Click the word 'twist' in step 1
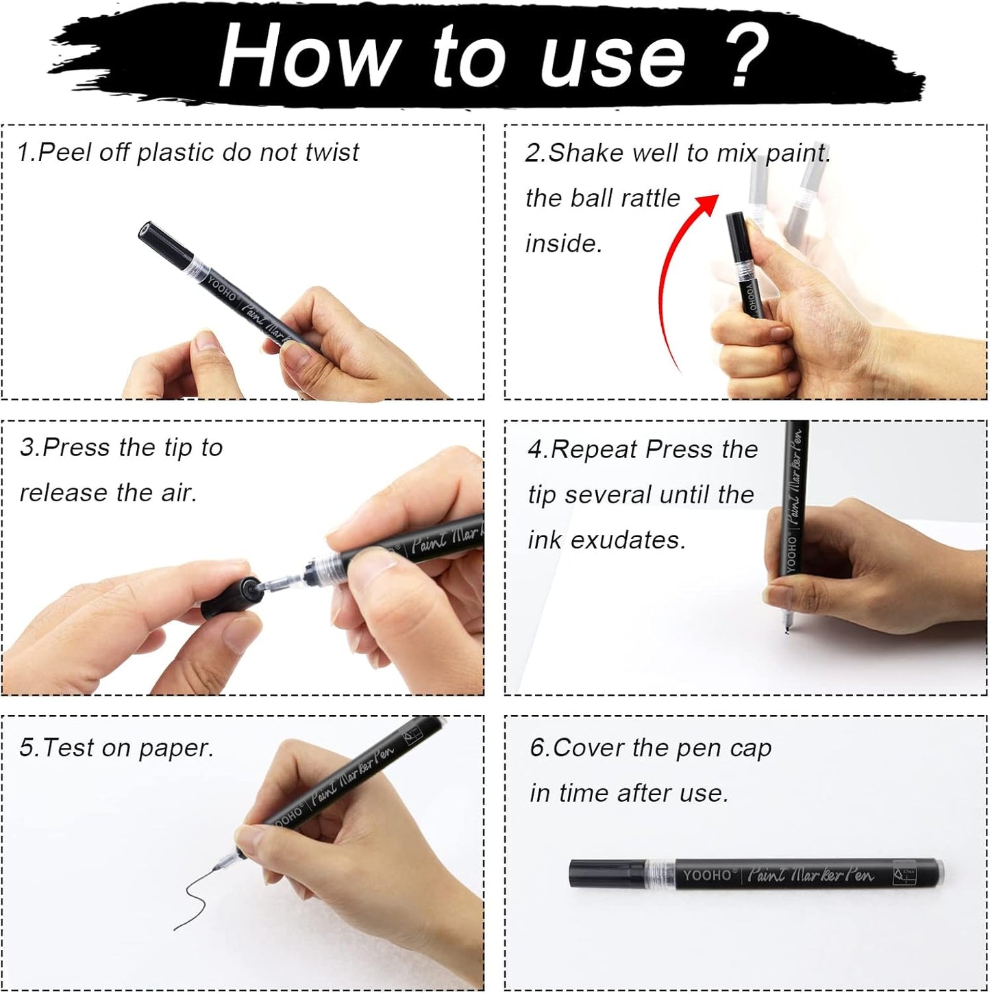coord(332,152)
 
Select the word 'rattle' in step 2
coord(647,199)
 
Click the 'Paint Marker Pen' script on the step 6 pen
coord(810,875)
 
